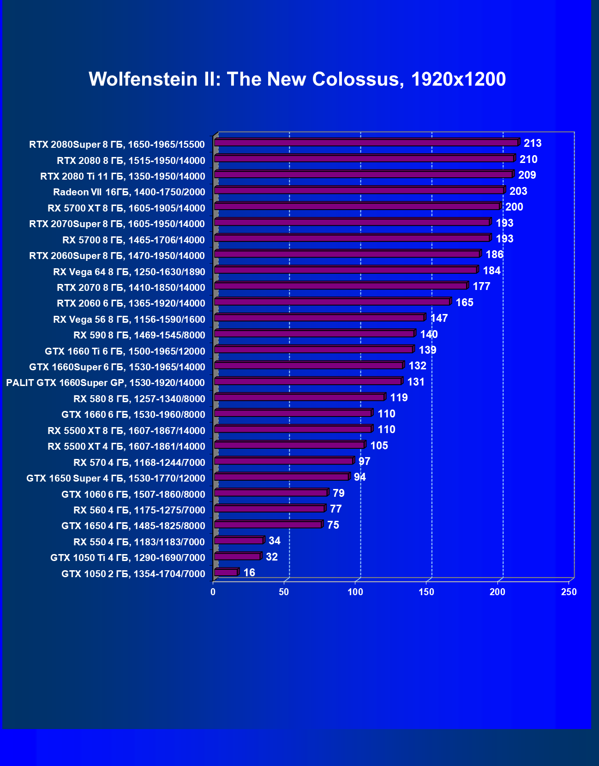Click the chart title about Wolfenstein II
297,79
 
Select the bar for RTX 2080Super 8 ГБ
366,143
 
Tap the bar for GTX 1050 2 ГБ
226,572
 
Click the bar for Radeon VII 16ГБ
359,190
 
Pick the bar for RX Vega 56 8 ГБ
319,318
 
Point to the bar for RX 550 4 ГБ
239,540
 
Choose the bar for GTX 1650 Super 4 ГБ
282,476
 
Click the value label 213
533,143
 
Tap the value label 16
249,573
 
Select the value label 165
464,302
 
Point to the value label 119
399,398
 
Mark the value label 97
364,461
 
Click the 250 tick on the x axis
569,592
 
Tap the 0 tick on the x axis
213,592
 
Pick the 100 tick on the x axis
355,592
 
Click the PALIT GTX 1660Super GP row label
105,383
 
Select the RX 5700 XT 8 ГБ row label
126,208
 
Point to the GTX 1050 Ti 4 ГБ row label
127,558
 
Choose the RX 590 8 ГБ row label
139,335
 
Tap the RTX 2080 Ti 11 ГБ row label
122,176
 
